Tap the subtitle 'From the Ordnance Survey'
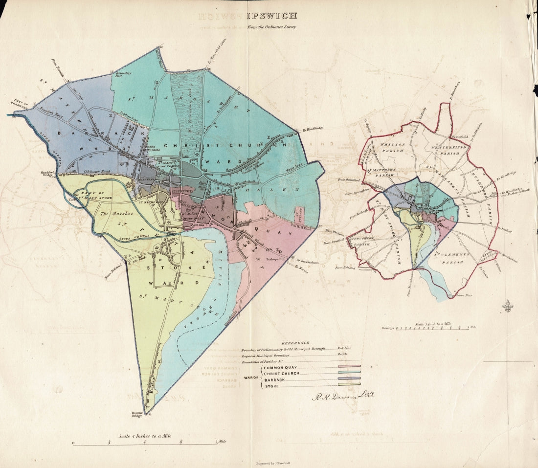coord(271,27)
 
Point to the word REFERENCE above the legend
coord(295,343)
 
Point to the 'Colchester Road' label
coord(94,171)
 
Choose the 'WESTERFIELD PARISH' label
coord(445,150)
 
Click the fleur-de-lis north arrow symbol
coord(508,306)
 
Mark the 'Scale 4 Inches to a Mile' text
coord(144,436)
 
